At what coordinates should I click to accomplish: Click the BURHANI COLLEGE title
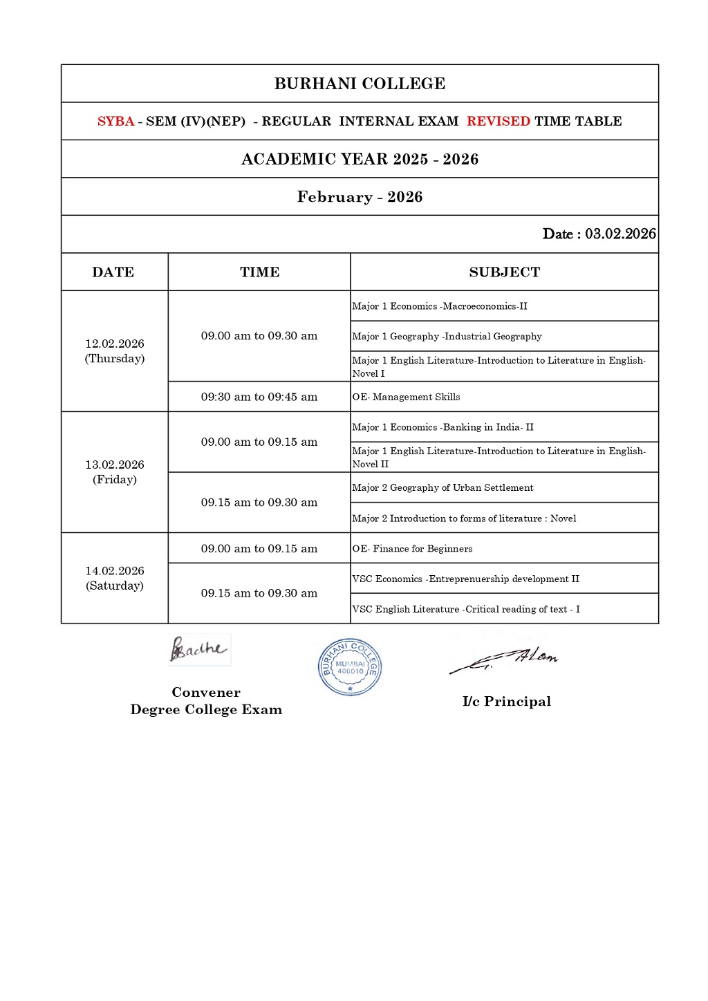[360, 84]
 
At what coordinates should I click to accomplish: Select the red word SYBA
[115, 122]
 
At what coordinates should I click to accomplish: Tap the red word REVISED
[498, 122]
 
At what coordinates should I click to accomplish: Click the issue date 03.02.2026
[620, 234]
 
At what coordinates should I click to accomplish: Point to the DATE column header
[113, 272]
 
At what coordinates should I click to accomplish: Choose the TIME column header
[259, 272]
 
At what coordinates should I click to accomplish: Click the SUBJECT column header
[504, 272]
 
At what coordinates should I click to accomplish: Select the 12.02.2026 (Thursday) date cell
[115, 351]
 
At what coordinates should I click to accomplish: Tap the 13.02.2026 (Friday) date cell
[115, 472]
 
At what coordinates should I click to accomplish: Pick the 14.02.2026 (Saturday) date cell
[115, 578]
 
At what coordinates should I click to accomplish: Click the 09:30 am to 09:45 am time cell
[259, 397]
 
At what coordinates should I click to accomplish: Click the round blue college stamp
[350, 667]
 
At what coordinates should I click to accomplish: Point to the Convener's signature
[198, 649]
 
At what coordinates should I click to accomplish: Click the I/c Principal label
[507, 702]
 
